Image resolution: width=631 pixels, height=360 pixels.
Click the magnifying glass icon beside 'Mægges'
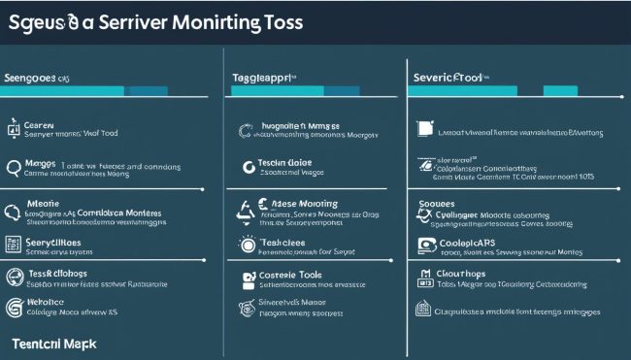coord(14,168)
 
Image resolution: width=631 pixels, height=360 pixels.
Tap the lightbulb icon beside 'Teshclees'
coord(247,244)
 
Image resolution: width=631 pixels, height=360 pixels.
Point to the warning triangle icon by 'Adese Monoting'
coord(247,207)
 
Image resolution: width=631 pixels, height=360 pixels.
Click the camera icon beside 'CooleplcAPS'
coord(425,245)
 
